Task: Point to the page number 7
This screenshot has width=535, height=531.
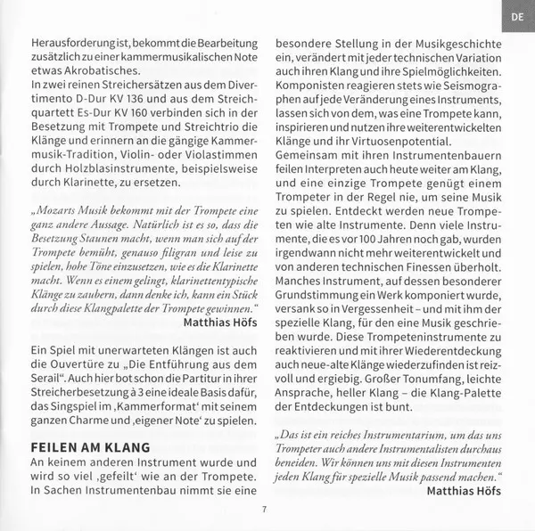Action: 265,508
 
